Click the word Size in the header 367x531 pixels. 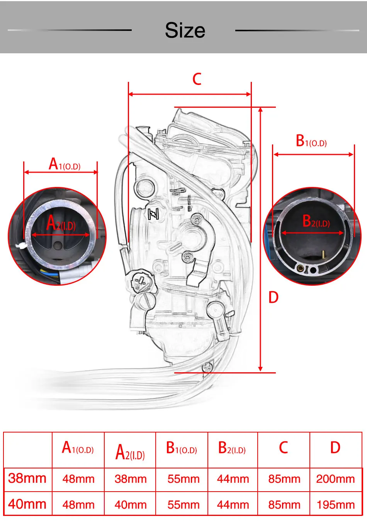(185, 30)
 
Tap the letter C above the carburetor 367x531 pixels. (197, 79)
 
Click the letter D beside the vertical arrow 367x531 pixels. (274, 297)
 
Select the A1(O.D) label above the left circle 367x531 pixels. (65, 164)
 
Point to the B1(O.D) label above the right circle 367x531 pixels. (311, 141)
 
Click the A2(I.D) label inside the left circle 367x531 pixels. (61, 223)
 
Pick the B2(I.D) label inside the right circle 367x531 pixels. (316, 221)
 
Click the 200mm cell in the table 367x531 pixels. (335, 479)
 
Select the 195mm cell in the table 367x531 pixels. (336, 505)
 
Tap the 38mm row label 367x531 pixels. (27, 478)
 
